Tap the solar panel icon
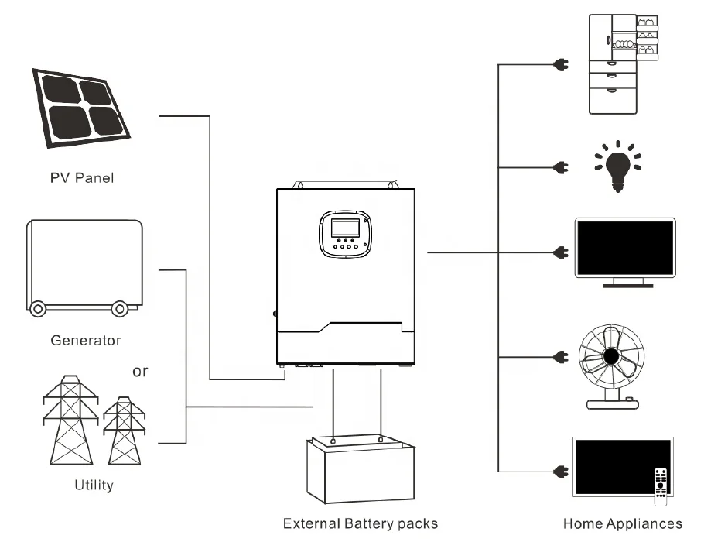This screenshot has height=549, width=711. click(x=82, y=109)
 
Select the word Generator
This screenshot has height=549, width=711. click(x=85, y=340)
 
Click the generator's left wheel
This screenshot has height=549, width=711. click(x=36, y=307)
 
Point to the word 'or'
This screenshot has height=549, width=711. click(x=140, y=371)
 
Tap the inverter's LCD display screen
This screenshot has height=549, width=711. click(x=344, y=228)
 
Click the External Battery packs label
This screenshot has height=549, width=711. click(x=361, y=523)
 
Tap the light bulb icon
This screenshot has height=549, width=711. click(x=617, y=167)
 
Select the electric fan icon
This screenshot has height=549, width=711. click(x=611, y=364)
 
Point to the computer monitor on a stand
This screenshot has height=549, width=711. click(x=624, y=252)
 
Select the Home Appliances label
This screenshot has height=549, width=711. click(x=622, y=523)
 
